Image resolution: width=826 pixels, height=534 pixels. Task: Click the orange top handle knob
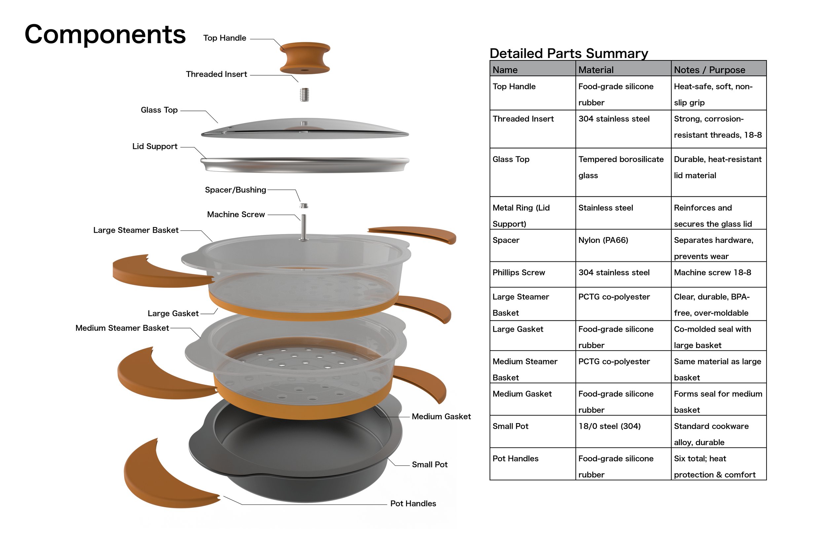coord(305,58)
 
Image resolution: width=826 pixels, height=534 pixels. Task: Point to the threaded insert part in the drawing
coord(304,94)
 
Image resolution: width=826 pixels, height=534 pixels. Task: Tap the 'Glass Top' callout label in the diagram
coord(159,110)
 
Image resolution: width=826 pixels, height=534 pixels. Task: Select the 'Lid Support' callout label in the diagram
coord(155,146)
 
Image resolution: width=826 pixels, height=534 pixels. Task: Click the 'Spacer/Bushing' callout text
coord(235,190)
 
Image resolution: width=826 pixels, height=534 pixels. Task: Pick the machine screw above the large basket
coord(304,227)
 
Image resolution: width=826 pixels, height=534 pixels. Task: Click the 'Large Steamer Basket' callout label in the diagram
coord(136,230)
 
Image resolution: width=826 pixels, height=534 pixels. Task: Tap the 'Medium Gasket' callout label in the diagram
coord(441,417)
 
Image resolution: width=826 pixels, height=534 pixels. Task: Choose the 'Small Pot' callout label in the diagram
coord(430,465)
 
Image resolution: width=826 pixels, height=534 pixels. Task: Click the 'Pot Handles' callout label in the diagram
coord(413,504)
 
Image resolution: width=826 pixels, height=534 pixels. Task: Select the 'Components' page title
coord(105,34)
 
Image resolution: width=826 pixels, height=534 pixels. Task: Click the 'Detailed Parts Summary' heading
coord(569,53)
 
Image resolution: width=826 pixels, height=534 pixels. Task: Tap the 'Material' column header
coord(596,70)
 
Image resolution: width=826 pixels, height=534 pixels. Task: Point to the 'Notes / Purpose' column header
coord(709,70)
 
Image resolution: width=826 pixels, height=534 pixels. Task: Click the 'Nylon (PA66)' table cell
coord(603,240)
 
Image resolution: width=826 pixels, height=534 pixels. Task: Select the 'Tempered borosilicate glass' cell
coord(621,167)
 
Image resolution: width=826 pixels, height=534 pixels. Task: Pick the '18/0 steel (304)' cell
coord(610,426)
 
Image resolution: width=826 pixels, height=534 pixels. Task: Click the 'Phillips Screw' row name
coord(519,273)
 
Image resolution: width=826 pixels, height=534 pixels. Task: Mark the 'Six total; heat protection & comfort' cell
coord(715,466)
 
